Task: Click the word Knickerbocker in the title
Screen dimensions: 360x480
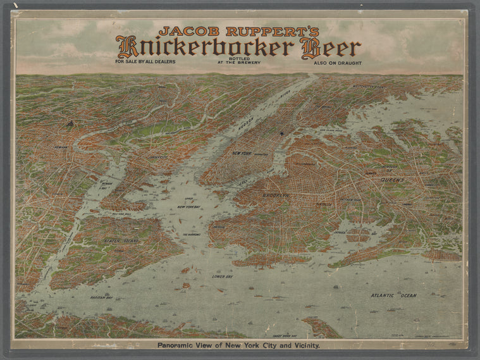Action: [x=205, y=47]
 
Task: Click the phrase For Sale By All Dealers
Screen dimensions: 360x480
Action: [x=145, y=62]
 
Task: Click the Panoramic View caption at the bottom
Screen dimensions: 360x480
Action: [x=240, y=345]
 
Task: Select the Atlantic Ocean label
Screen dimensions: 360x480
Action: [x=393, y=295]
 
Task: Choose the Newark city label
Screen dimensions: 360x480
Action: [x=61, y=146]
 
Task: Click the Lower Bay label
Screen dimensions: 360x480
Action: [x=223, y=277]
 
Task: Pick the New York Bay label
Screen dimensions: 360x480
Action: [x=188, y=206]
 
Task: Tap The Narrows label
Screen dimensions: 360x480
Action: [x=192, y=235]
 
